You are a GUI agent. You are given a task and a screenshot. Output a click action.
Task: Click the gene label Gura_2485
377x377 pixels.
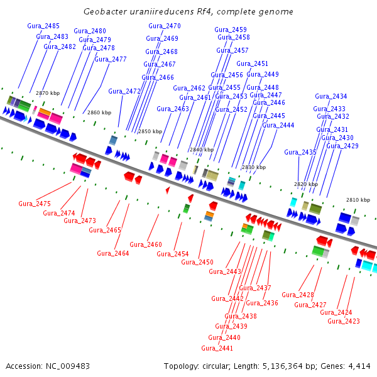coord(43,26)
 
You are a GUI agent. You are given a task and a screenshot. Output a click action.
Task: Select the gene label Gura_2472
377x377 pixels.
coord(124,91)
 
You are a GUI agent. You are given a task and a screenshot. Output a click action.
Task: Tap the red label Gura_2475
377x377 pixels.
coord(35,204)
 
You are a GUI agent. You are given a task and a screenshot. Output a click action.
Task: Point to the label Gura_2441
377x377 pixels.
coord(217,348)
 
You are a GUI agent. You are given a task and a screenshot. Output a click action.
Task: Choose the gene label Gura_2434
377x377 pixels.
coord(331,96)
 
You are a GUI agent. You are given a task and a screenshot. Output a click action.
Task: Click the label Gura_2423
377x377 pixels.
coord(344,321)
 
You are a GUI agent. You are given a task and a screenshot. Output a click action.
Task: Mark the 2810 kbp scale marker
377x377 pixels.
coord(358,200)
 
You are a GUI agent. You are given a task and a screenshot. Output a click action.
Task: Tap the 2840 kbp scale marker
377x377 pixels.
coord(202,150)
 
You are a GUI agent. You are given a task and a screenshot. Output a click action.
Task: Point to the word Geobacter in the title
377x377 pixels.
coord(103,12)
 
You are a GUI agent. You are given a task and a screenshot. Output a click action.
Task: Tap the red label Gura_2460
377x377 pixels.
coord(146,244)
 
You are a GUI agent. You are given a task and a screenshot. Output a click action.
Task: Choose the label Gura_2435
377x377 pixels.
coord(300,152)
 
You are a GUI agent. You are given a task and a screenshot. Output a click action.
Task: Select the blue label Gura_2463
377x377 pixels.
coord(173,109)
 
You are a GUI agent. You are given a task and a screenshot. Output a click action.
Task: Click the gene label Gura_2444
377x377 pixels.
coord(278,125)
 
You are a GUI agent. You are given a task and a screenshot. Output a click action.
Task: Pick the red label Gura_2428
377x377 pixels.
coord(297,295)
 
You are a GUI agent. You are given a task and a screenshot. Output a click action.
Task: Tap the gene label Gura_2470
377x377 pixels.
coord(164,26)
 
